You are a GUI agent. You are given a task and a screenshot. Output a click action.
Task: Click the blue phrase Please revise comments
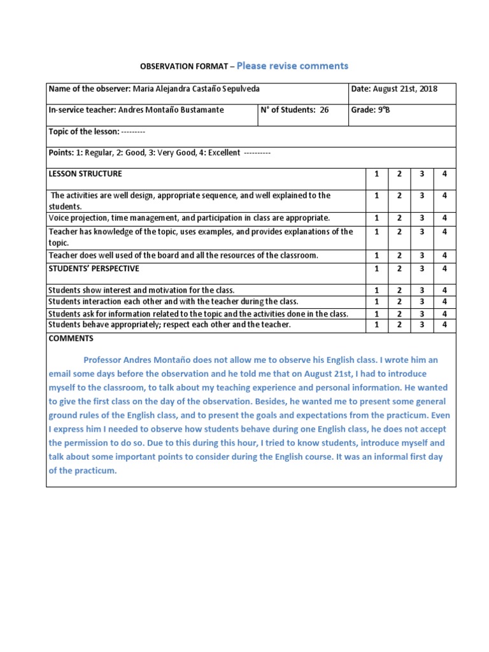pyautogui.click(x=292, y=66)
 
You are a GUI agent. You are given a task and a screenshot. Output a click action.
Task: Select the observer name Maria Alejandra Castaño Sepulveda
pyautogui.click(x=195, y=89)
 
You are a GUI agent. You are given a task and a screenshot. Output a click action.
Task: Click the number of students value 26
pyautogui.click(x=324, y=110)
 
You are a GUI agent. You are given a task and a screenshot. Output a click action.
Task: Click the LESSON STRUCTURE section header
pyautogui.click(x=85, y=174)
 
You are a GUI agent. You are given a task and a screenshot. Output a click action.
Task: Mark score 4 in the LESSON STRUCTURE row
pyautogui.click(x=444, y=174)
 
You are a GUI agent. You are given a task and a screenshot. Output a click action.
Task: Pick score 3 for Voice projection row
pyautogui.click(x=422, y=218)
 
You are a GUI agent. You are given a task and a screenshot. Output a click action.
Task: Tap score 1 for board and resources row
pyautogui.click(x=376, y=255)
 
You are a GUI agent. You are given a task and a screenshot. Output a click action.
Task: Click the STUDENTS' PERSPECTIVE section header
pyautogui.click(x=94, y=269)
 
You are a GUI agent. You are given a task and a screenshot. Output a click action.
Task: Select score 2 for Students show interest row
pyautogui.click(x=399, y=290)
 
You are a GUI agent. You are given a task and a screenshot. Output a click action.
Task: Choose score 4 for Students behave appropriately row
pyautogui.click(x=444, y=325)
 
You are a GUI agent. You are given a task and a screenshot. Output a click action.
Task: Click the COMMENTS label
pyautogui.click(x=71, y=339)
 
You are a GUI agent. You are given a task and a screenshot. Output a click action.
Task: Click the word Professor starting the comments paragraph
pyautogui.click(x=106, y=360)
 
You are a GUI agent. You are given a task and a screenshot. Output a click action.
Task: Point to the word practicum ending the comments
pyautogui.click(x=98, y=471)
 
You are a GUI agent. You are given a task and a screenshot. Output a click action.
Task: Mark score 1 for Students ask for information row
pyautogui.click(x=376, y=314)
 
